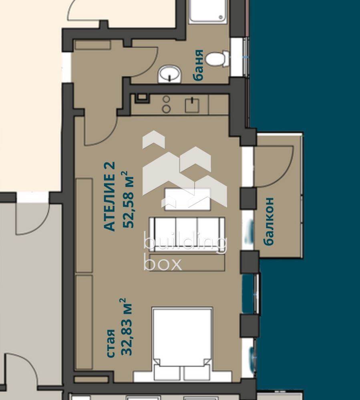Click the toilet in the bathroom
(x=217, y=59)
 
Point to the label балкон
(x=269, y=221)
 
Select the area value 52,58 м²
(x=128, y=200)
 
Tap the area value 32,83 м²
(x=127, y=327)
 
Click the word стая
(x=111, y=344)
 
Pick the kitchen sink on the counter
(x=192, y=105)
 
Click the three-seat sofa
(x=187, y=234)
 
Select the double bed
(x=182, y=344)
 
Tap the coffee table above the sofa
(x=188, y=199)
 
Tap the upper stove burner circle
(x=167, y=99)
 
